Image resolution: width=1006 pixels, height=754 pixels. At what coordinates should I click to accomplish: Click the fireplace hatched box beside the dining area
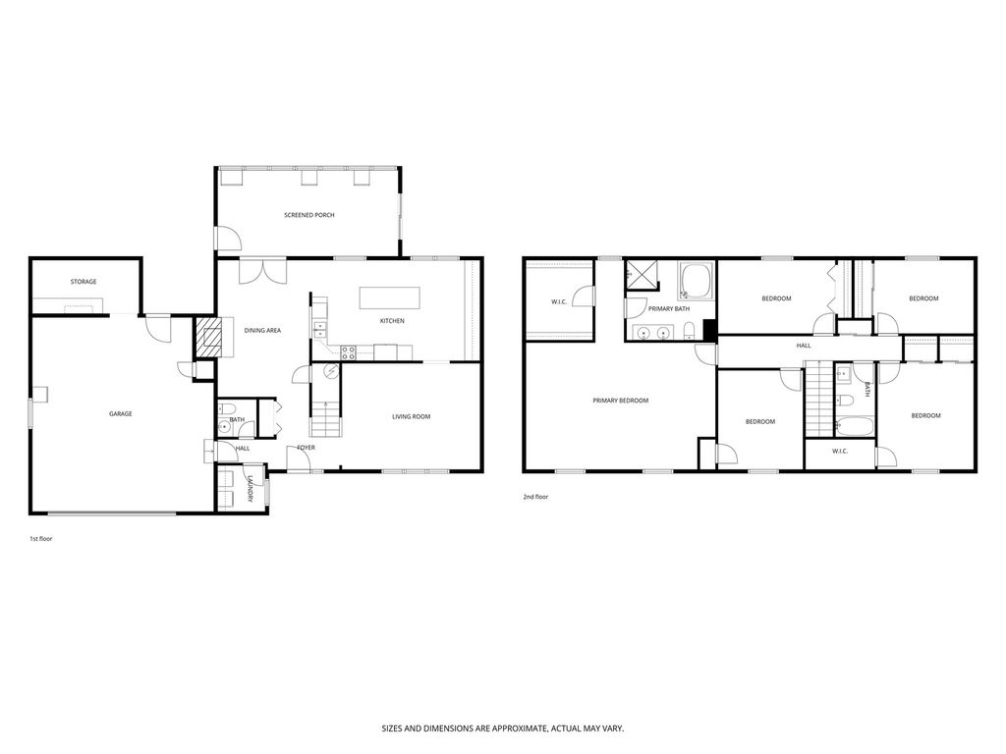(208, 337)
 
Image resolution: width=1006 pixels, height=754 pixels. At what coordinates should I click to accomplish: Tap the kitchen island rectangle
(389, 297)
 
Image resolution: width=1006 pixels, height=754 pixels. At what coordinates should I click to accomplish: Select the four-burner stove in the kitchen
(348, 352)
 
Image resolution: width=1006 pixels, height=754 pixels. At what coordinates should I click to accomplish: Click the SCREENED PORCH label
(309, 215)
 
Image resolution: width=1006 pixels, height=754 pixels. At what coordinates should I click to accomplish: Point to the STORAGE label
(84, 282)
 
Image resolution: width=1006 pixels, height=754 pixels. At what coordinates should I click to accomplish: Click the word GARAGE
(120, 413)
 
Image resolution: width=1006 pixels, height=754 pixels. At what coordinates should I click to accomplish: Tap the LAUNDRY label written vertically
(251, 488)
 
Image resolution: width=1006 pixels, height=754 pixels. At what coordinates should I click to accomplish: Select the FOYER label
(307, 448)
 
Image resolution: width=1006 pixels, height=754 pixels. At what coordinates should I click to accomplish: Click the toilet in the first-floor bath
(226, 409)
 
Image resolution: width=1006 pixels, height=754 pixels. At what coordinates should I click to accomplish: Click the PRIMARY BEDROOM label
(620, 400)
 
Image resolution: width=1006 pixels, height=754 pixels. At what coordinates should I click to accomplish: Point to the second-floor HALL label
(803, 346)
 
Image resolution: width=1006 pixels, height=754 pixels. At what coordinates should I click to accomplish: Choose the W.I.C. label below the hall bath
(839, 452)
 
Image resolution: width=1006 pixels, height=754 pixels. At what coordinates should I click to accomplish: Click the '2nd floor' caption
(535, 498)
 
